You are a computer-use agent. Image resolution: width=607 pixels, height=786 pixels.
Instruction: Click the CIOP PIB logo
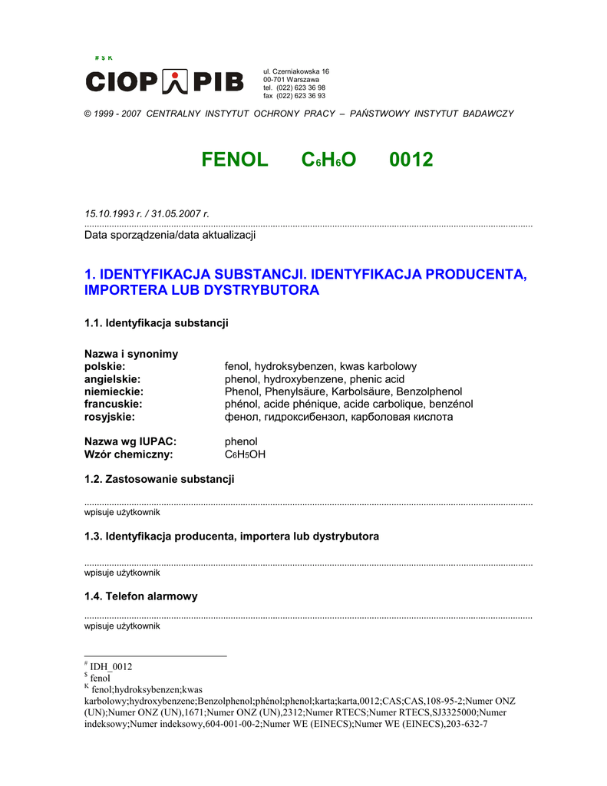coord(164,80)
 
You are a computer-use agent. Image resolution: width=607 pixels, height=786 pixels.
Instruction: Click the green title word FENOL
coord(235,160)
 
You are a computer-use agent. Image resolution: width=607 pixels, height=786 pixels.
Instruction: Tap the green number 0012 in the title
coord(411,160)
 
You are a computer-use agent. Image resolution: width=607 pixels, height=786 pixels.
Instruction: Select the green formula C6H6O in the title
coord(329,160)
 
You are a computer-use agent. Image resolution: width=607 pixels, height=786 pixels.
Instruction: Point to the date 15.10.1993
coord(109,213)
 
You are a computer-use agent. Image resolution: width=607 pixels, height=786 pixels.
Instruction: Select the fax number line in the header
coord(294,96)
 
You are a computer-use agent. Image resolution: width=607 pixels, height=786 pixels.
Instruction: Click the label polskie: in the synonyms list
coord(104,367)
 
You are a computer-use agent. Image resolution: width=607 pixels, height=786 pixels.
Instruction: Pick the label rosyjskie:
coord(109,417)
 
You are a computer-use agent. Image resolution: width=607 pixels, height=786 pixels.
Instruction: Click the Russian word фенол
coord(239,417)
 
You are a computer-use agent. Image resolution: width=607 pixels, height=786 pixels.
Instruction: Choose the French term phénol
coord(242,404)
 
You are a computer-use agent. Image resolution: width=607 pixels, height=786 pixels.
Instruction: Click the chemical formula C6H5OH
coord(245,454)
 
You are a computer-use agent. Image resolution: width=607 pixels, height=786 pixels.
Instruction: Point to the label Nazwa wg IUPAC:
coord(130,441)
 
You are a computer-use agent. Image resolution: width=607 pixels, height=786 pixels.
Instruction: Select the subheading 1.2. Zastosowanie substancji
coord(159,480)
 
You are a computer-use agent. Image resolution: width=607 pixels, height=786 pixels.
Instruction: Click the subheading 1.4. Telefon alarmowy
coord(140,596)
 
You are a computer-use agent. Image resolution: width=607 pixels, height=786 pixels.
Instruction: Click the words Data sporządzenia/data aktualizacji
coord(170,235)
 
